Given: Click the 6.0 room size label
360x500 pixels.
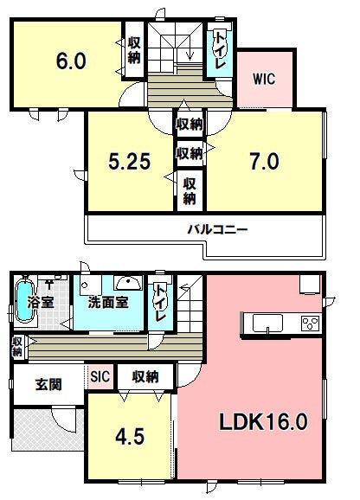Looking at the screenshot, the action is (x=71, y=61).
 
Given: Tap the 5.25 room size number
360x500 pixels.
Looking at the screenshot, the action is (x=129, y=161).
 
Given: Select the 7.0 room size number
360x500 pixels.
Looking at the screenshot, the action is (x=264, y=161).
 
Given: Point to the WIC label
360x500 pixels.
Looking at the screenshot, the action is (x=264, y=79).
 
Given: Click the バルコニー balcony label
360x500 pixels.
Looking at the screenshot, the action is (x=217, y=229).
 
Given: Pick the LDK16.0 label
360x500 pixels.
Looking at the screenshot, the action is (x=263, y=421).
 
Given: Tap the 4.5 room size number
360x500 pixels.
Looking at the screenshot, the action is (x=130, y=436).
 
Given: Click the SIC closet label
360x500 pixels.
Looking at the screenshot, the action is (x=100, y=376).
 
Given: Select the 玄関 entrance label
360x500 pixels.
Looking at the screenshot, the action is (x=48, y=385).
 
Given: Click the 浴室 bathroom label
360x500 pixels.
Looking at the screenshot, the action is (x=41, y=302).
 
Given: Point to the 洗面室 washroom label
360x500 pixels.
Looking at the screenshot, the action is (x=108, y=302).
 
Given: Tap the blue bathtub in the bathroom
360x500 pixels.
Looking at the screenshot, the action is (x=24, y=300).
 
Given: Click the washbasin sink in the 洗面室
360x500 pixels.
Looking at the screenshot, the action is (x=128, y=283).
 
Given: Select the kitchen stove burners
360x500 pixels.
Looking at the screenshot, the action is (x=311, y=324).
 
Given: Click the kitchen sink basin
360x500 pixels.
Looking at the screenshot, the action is (x=267, y=324).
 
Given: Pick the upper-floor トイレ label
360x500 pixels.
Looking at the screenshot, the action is (x=221, y=50).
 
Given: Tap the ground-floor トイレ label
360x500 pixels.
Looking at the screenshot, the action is (x=160, y=303).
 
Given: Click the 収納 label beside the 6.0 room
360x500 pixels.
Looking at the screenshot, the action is (x=134, y=50).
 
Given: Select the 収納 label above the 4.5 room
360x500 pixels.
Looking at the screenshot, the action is (x=145, y=377).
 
